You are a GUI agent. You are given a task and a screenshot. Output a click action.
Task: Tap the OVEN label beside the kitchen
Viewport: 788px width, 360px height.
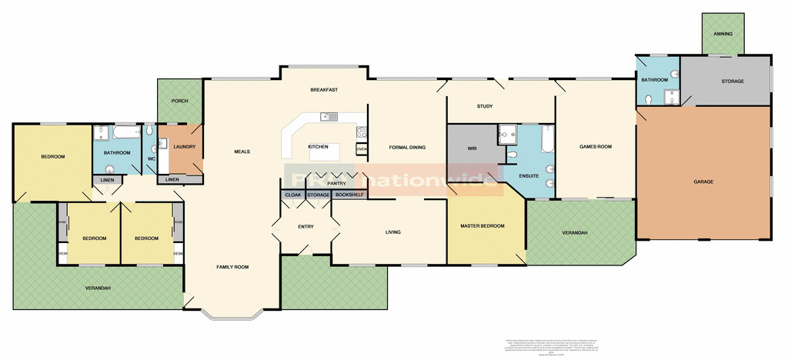pyautogui.click(x=361, y=149)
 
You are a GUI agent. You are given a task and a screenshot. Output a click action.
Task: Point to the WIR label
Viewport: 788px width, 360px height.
pyautogui.click(x=473, y=148)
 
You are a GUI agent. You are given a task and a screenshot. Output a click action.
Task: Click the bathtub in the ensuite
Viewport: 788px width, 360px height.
pyautogui.click(x=547, y=138)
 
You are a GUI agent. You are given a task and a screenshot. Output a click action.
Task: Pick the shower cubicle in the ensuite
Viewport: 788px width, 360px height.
pyautogui.click(x=509, y=135)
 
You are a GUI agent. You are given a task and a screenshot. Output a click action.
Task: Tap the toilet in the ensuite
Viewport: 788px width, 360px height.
pyautogui.click(x=549, y=169)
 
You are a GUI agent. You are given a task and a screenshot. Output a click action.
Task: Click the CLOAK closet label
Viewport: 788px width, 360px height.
pyautogui.click(x=293, y=195)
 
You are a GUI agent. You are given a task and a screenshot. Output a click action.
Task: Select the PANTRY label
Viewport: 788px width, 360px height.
pyautogui.click(x=336, y=184)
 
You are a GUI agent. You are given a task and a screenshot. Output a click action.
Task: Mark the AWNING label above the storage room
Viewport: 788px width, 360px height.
pyautogui.click(x=723, y=35)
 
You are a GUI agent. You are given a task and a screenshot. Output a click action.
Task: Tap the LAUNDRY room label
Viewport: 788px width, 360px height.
pyautogui.click(x=185, y=147)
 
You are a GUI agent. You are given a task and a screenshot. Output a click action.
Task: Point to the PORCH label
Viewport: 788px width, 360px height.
pyautogui.click(x=179, y=101)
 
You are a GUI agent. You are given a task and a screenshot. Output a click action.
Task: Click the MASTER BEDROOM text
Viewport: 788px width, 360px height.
pyautogui.click(x=482, y=225)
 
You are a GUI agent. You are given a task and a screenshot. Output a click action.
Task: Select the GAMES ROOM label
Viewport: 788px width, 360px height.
pyautogui.click(x=595, y=146)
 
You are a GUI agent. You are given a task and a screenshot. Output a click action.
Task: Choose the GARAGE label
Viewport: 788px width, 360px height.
pyautogui.click(x=703, y=182)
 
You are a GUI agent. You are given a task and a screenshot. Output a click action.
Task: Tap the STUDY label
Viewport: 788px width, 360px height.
pyautogui.click(x=484, y=106)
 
